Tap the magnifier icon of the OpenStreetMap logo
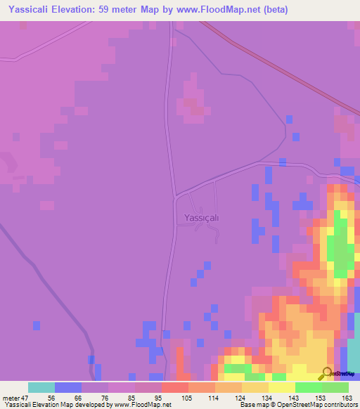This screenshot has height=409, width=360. [x=327, y=372]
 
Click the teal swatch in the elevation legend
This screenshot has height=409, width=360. [x=41, y=387]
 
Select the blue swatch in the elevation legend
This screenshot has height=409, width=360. [x=68, y=387]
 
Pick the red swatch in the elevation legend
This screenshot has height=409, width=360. [x=175, y=387]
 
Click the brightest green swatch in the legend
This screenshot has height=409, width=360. [x=308, y=387]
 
